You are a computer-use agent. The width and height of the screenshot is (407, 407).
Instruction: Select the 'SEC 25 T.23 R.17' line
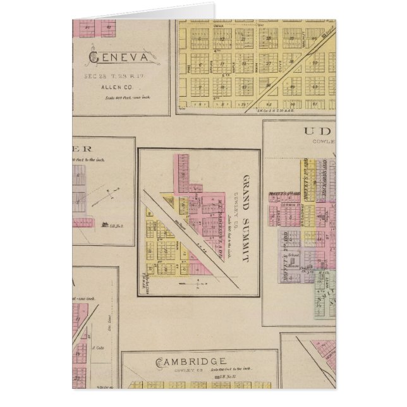pyautogui.click(x=119, y=73)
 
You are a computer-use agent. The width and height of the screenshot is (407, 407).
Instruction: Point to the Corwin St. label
pyautogui.click(x=291, y=206)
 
